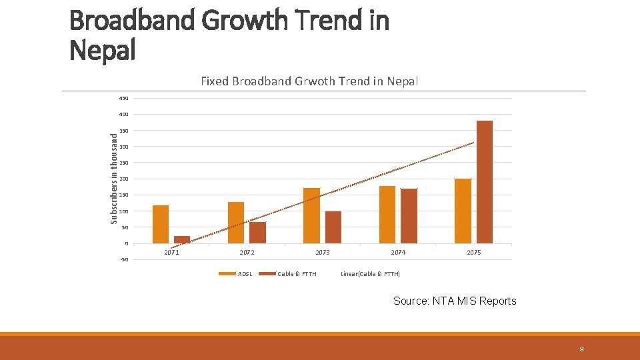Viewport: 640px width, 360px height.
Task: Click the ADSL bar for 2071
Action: [161, 225]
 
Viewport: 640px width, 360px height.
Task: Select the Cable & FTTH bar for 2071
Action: [182, 239]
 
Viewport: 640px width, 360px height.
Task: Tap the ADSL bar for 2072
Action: [236, 223]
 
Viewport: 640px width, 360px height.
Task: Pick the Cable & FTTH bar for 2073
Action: [333, 227]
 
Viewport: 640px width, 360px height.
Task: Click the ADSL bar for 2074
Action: [387, 215]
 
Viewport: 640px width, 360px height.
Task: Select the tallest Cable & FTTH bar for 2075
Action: [485, 182]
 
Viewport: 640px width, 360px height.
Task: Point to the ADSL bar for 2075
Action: [463, 211]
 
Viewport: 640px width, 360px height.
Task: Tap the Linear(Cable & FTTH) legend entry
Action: [370, 274]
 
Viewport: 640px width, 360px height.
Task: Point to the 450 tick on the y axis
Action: [124, 99]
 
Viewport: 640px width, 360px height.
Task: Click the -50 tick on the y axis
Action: [124, 259]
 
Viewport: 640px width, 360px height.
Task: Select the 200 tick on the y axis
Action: [124, 179]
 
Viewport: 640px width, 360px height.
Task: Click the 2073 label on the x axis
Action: [323, 253]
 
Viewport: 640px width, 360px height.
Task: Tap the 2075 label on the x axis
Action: [474, 253]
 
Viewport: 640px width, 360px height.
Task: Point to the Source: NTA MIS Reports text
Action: [455, 301]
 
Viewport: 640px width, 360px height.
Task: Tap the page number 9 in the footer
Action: [581, 349]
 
